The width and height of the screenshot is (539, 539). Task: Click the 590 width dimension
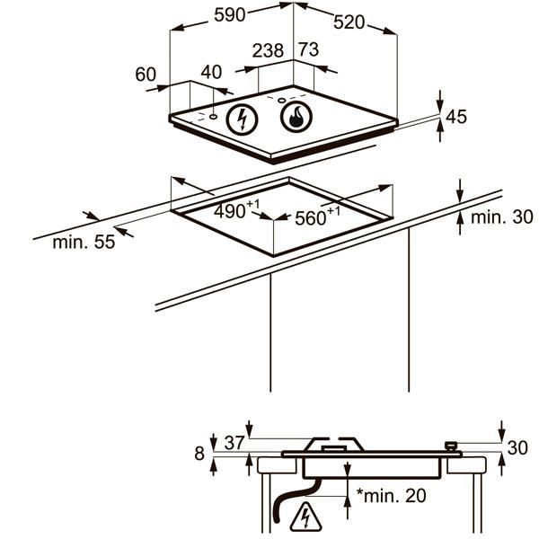[x=230, y=14]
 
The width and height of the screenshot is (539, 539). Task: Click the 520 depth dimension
[x=349, y=22]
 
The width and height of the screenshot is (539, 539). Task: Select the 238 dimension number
[x=268, y=50]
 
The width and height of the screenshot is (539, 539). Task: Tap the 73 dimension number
[x=309, y=49]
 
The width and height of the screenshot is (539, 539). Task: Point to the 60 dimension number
[x=146, y=75]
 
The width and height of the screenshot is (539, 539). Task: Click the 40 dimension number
[x=211, y=72]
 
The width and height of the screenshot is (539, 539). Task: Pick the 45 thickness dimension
[x=456, y=117]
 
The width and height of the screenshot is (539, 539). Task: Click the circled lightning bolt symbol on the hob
[x=242, y=119]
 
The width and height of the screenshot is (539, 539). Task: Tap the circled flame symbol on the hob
[x=296, y=117]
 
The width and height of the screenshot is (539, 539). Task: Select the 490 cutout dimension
[x=236, y=209]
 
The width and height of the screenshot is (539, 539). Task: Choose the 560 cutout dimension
[x=318, y=216]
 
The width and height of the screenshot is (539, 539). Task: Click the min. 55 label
[x=84, y=242]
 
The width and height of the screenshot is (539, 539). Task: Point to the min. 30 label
[x=502, y=217]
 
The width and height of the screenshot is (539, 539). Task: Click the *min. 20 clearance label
[x=391, y=495]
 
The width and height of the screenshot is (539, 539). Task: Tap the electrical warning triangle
[x=305, y=517]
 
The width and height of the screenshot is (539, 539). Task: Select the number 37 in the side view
[x=234, y=443]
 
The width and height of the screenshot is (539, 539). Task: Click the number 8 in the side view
[x=199, y=454]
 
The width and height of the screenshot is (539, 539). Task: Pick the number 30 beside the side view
[x=517, y=448]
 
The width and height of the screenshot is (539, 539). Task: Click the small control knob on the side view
[x=451, y=446]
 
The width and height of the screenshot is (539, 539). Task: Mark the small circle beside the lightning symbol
[x=213, y=117]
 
